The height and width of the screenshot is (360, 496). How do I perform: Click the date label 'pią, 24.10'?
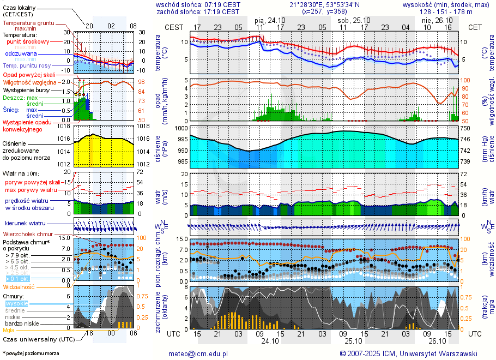(x=271, y=20)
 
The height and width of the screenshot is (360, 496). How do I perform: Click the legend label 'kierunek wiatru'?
(x=25, y=224)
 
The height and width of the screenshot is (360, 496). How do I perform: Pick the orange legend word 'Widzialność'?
(x=19, y=286)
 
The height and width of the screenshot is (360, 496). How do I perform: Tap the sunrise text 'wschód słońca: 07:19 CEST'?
(x=197, y=4)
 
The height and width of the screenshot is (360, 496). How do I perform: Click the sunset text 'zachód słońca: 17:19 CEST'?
(x=197, y=11)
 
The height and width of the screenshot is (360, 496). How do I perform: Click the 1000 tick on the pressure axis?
(x=182, y=128)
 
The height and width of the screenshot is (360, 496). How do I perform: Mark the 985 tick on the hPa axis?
(x=182, y=161)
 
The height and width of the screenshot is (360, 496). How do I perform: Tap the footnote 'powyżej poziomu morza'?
(x=32, y=353)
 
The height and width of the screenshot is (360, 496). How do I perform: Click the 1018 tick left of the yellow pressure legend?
(x=64, y=126)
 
